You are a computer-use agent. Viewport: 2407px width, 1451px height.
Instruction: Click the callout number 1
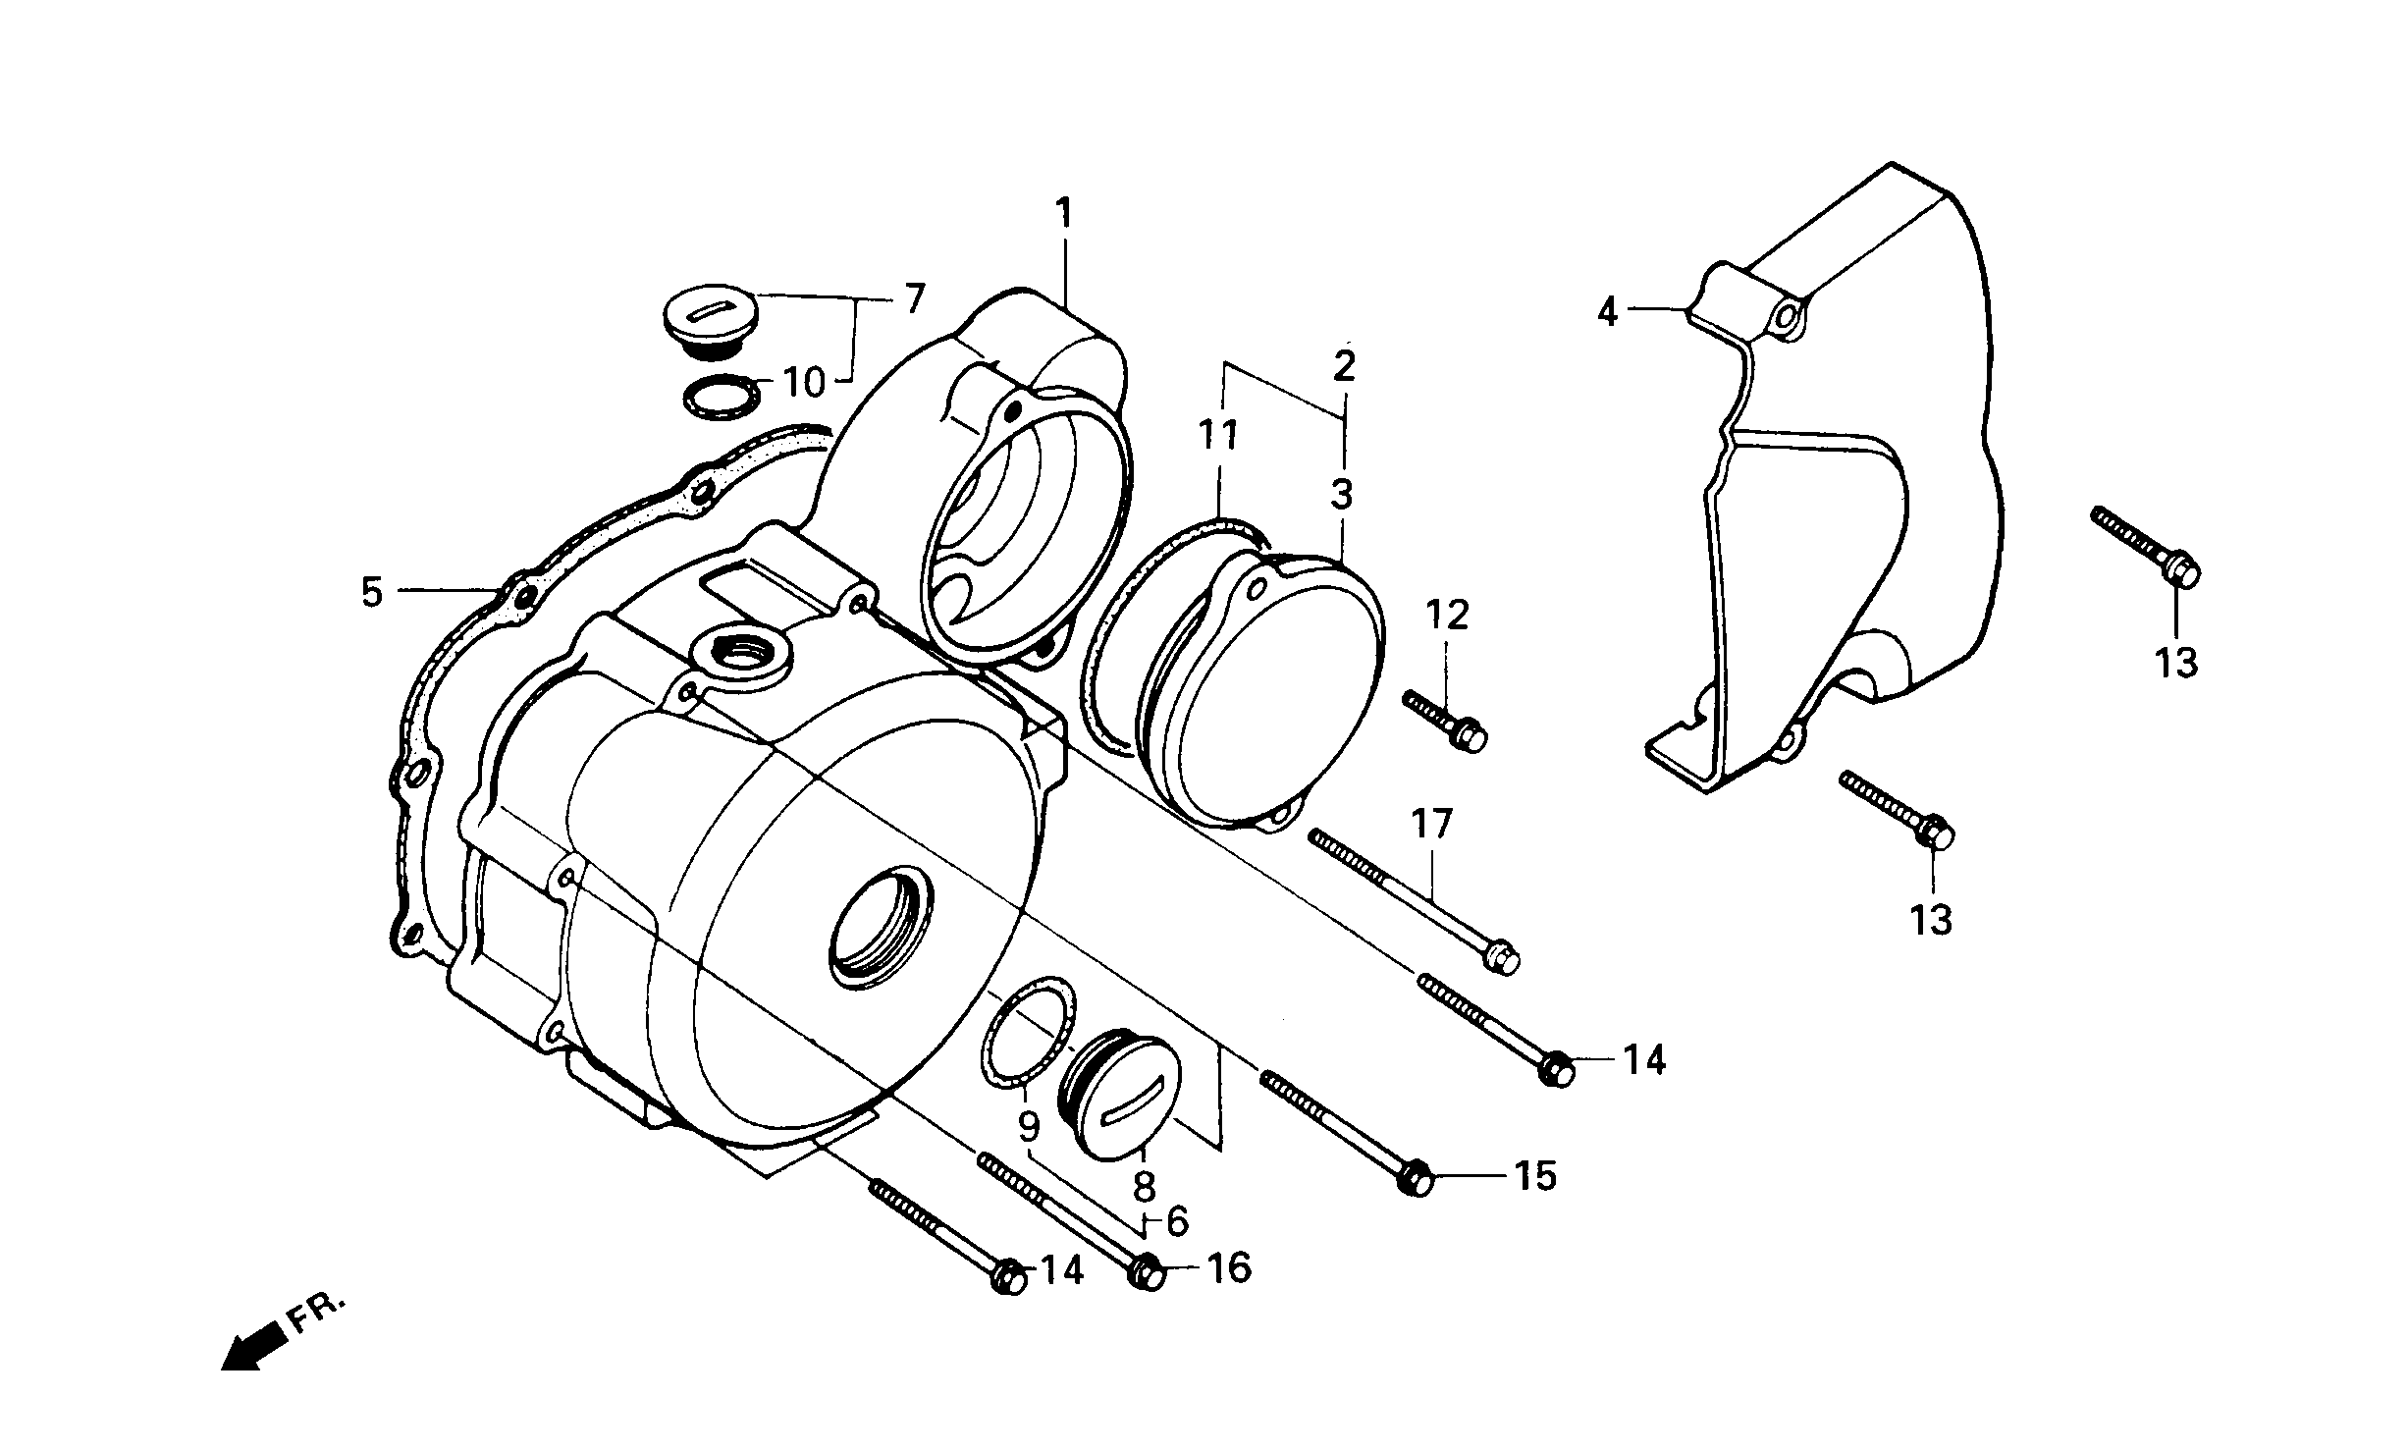[1064, 214]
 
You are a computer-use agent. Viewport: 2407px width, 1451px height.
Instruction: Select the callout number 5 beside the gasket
[371, 592]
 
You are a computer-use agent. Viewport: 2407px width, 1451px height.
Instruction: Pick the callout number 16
[1228, 1269]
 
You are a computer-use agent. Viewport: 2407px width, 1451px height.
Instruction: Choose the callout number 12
[1448, 616]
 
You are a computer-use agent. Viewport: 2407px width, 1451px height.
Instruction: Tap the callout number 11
[1218, 435]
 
